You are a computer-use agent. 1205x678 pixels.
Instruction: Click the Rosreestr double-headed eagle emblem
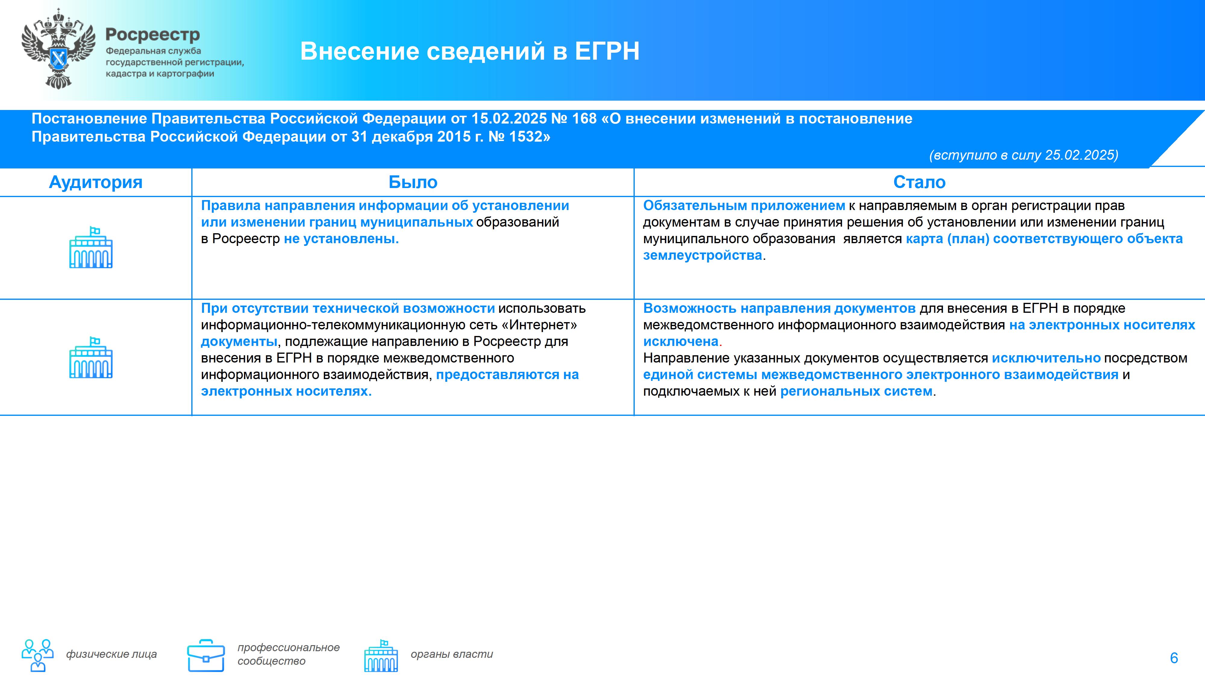(x=58, y=49)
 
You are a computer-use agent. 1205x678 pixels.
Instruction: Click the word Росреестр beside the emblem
(x=152, y=35)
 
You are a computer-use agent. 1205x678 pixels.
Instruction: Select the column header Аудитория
(x=95, y=182)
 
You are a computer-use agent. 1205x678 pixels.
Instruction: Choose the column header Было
(x=413, y=182)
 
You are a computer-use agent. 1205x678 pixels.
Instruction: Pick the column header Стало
(x=919, y=182)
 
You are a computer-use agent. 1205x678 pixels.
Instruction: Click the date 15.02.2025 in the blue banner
(x=509, y=118)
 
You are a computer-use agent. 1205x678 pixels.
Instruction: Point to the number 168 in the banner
(x=584, y=118)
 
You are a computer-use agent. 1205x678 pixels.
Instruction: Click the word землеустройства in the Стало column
(x=703, y=256)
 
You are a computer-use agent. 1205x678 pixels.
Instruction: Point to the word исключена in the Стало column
(x=681, y=342)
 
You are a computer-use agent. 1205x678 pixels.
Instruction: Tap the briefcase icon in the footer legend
(x=206, y=655)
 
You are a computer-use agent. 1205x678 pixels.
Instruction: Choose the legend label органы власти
(x=452, y=654)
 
